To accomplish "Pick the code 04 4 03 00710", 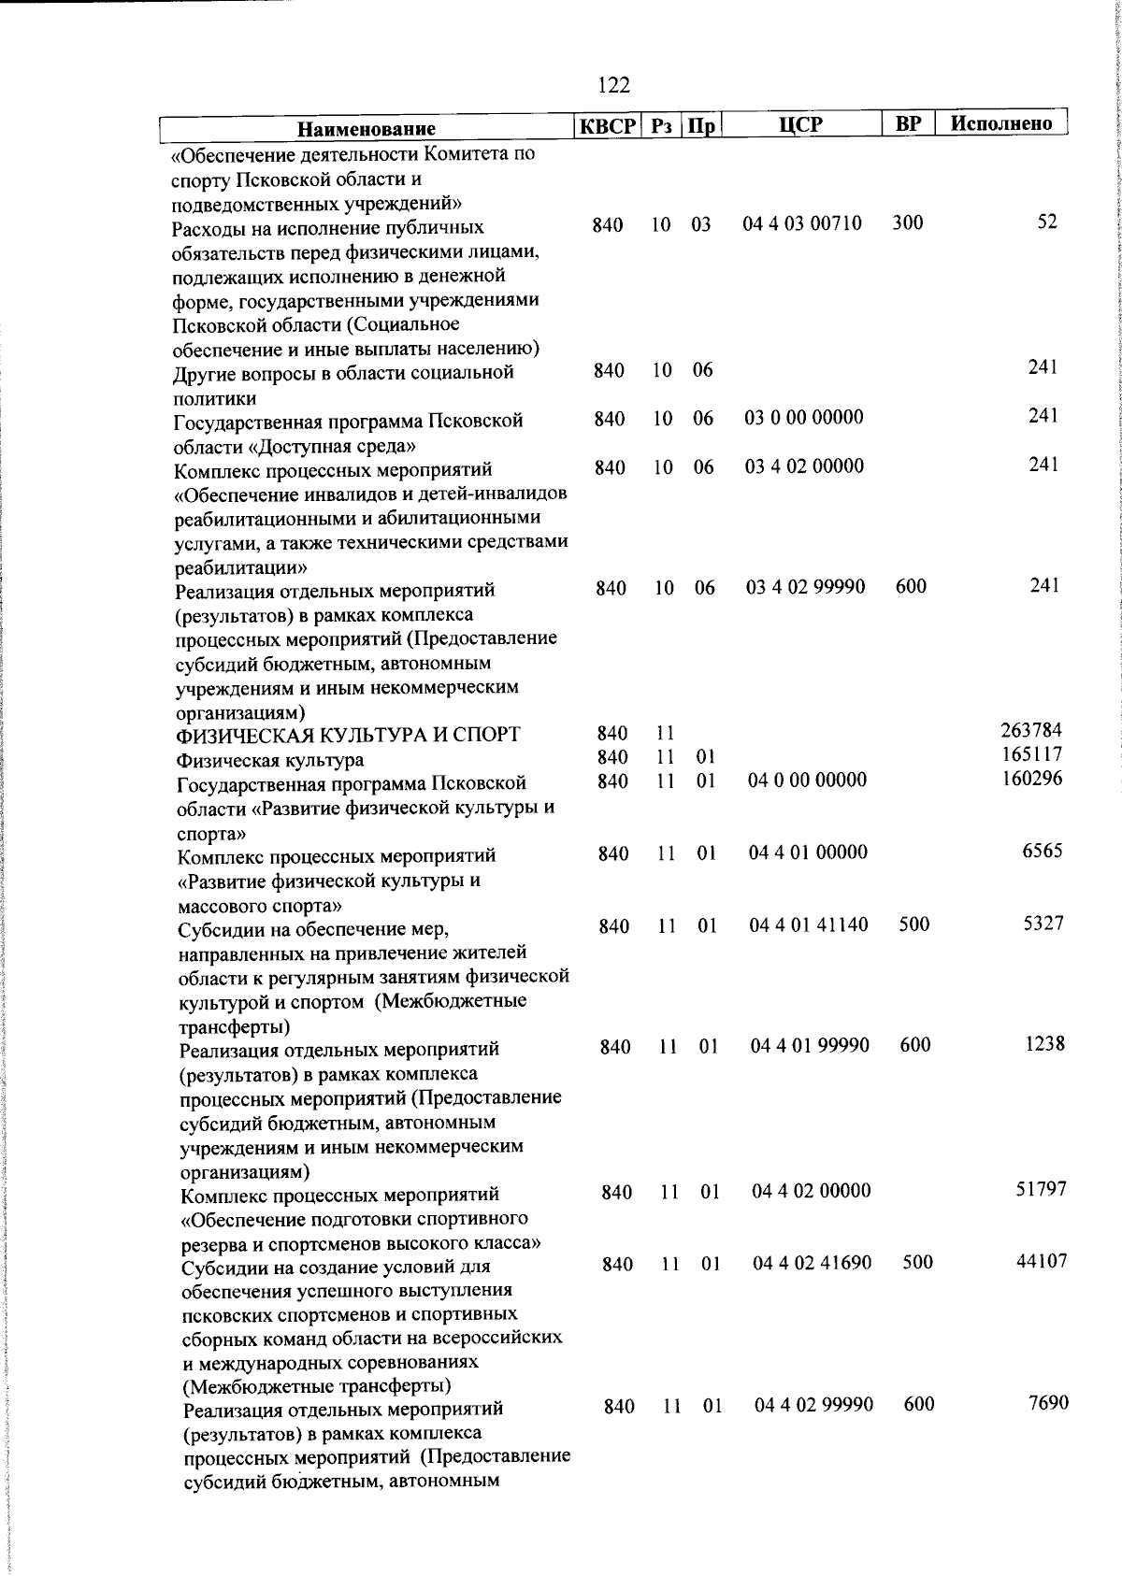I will tap(802, 223).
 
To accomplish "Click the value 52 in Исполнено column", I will tap(1047, 222).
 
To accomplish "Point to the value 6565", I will tap(1043, 851).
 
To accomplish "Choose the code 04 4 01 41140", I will tap(809, 924).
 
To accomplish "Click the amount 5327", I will tap(1043, 923).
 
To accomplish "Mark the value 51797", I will tap(1042, 1189).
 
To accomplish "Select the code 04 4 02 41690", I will tap(813, 1263).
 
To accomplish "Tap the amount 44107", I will tap(1042, 1261).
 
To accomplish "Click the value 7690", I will tap(1048, 1403).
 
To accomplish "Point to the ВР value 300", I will tap(907, 222).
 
